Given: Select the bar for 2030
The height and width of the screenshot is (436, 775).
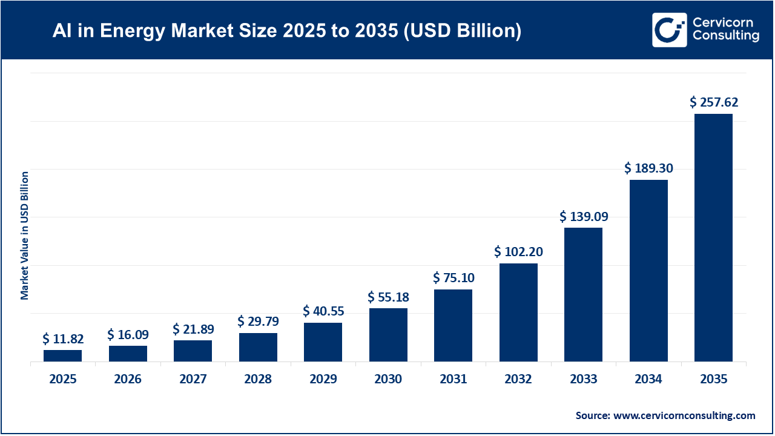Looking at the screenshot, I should [x=388, y=335].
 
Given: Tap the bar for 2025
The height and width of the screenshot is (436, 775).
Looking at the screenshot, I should [x=62, y=355].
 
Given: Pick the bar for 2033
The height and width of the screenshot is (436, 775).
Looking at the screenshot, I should [x=583, y=294].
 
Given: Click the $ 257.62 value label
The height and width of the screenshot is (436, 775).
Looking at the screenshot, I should [x=714, y=102].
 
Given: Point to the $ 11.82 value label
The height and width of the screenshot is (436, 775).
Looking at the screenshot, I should [x=63, y=338].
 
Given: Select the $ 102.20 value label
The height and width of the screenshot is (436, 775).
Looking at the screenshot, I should [x=518, y=251].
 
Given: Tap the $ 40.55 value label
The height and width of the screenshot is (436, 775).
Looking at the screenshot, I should [x=323, y=311].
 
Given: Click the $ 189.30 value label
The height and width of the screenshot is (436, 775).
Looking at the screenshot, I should [x=648, y=168].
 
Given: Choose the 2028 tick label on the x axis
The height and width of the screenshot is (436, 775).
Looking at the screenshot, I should [x=258, y=380].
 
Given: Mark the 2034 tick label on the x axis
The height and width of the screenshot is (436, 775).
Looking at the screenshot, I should [x=648, y=380].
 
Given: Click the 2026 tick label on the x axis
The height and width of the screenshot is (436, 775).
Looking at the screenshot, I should [x=128, y=380].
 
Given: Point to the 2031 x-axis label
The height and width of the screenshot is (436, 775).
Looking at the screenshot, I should [x=453, y=380].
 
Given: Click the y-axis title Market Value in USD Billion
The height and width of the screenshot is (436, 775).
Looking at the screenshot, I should [x=25, y=236].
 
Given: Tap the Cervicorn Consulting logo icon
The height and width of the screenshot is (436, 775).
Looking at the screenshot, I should [x=669, y=30].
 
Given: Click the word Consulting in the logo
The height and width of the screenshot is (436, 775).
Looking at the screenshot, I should [x=726, y=36].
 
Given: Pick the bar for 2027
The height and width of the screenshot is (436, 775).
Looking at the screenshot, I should [x=193, y=351].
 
